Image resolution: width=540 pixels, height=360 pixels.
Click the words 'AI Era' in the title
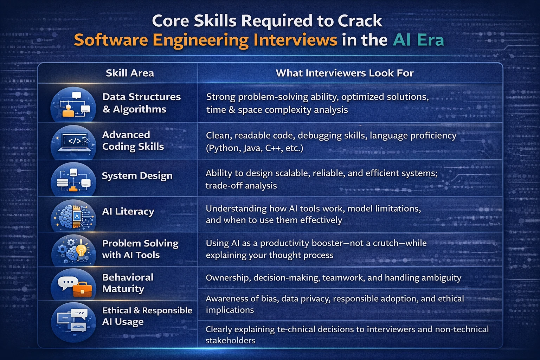418,40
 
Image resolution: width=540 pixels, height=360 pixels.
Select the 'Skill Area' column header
130,73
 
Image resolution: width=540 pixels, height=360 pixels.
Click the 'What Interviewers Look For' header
345,73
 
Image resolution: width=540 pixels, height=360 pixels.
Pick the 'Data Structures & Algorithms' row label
141,103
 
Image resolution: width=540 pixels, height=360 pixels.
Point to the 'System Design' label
137,175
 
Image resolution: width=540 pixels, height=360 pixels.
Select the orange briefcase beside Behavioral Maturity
82,289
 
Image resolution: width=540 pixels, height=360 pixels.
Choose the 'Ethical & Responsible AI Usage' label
147,316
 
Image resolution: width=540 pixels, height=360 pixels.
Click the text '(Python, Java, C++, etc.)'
254,148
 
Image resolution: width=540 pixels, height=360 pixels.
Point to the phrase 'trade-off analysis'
241,186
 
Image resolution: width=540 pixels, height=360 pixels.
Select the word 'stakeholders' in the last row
230,340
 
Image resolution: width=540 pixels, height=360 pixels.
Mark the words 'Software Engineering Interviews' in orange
205,40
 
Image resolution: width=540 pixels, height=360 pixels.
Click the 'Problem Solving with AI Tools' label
140,249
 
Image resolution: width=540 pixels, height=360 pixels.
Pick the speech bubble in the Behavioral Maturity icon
67,283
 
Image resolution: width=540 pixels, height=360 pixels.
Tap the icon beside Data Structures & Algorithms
73,104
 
